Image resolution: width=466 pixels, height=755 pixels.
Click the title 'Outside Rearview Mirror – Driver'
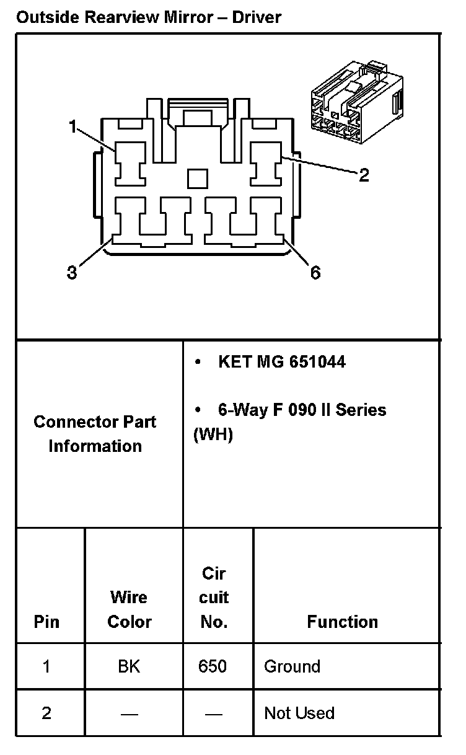point(149,17)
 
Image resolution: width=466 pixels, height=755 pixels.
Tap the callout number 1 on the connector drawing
point(73,128)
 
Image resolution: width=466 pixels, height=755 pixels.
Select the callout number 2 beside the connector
point(364,175)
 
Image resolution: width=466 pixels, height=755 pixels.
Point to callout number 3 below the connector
point(72,272)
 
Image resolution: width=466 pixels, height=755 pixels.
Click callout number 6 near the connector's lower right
point(315,272)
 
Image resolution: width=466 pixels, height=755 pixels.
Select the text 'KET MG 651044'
point(281,361)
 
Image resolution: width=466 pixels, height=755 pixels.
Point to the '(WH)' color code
point(213,435)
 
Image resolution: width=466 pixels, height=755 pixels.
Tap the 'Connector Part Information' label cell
point(95,434)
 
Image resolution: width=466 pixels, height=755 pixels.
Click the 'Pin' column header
point(46,622)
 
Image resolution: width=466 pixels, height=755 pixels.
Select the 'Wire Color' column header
point(130,609)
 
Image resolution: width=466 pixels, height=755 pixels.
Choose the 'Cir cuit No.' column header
point(214,598)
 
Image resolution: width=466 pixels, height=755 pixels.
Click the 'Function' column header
point(342,622)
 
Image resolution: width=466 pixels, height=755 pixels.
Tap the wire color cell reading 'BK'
point(129,666)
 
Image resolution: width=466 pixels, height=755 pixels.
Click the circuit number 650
point(213,666)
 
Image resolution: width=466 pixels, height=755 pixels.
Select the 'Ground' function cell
point(292,666)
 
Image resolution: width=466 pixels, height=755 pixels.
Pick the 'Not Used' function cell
point(299,713)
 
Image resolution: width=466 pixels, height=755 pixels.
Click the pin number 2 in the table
point(46,713)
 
